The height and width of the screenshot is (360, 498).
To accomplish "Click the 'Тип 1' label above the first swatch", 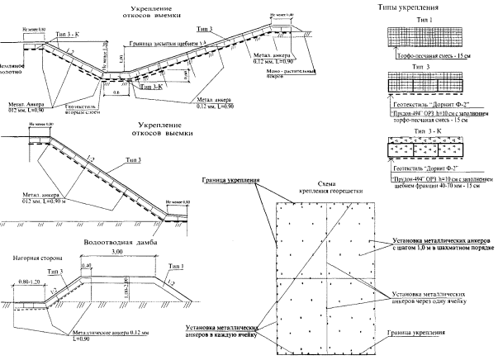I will (423, 20).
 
